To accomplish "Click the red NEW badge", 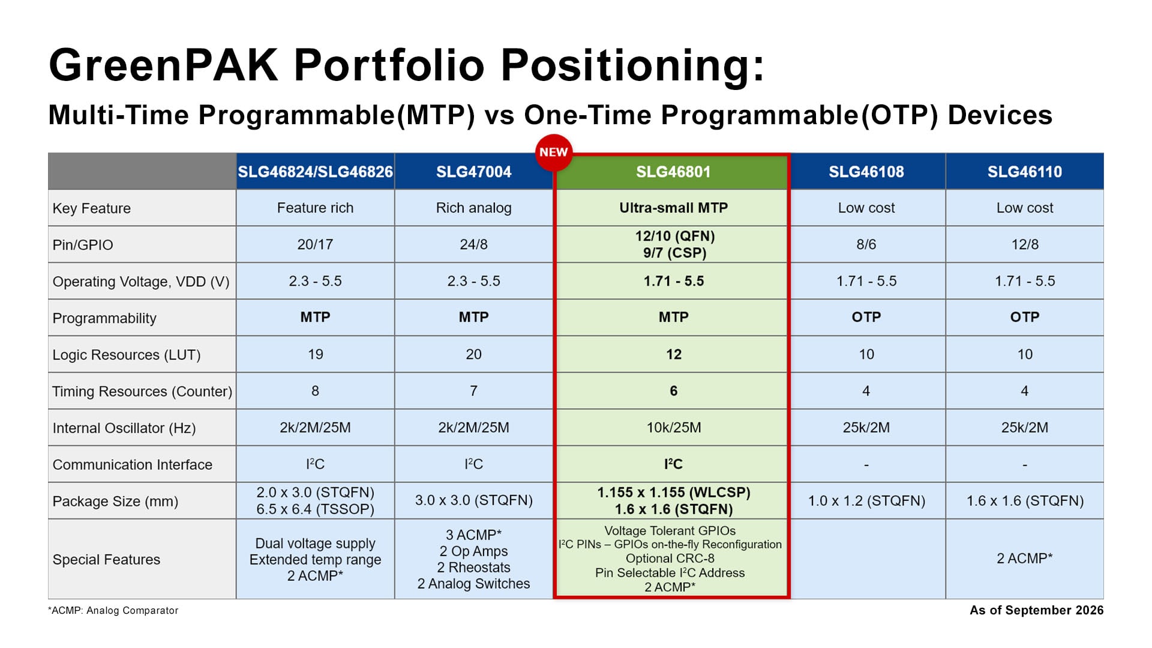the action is click(x=553, y=152).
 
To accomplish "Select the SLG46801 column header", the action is click(x=673, y=172).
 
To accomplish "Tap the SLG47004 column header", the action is click(x=473, y=172).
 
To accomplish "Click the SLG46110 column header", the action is click(x=1024, y=172).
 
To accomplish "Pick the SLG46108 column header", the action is click(x=866, y=172).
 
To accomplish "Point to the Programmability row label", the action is click(x=104, y=318).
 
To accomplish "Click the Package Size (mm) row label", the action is click(x=115, y=501).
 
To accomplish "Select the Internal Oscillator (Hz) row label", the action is click(x=124, y=428).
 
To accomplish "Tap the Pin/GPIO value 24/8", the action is click(x=473, y=244).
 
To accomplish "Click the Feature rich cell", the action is click(x=315, y=208).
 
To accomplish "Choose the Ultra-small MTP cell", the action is click(x=673, y=208).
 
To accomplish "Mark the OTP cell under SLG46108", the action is click(x=866, y=317).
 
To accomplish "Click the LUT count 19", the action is click(x=315, y=354).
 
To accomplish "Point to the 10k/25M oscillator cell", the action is click(x=673, y=427).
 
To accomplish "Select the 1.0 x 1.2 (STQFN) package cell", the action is click(x=866, y=500).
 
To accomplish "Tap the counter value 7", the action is click(x=473, y=391).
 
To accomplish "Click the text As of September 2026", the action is click(x=1036, y=610).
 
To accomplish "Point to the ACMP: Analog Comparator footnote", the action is click(x=113, y=610).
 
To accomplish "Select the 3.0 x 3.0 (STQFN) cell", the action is click(x=473, y=500).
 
